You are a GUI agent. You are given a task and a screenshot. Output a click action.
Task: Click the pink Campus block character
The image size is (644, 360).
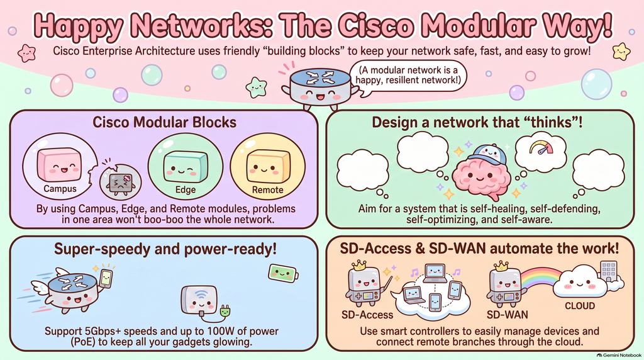[x=58, y=165]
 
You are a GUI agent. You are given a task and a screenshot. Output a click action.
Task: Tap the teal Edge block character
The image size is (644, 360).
[x=186, y=166]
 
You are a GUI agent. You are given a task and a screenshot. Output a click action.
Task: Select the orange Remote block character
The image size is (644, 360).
[x=268, y=166]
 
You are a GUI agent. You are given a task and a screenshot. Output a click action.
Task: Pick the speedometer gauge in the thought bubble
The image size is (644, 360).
[x=541, y=147]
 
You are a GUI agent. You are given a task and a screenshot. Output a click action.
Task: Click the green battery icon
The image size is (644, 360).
[x=283, y=273]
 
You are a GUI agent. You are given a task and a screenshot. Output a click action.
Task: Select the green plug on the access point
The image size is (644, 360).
[x=225, y=312]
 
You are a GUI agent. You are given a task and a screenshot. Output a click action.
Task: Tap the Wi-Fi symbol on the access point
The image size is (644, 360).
[x=201, y=295]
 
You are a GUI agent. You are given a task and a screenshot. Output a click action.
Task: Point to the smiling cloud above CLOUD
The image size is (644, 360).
[x=579, y=281]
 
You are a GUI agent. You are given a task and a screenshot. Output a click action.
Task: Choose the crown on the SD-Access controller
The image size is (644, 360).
[x=359, y=266]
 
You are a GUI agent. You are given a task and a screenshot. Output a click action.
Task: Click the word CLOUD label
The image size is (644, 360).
[x=580, y=306]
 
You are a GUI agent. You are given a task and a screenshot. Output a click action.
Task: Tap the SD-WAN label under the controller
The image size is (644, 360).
[x=508, y=315]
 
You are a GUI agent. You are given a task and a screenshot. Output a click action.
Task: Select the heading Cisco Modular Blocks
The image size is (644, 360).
[x=164, y=122]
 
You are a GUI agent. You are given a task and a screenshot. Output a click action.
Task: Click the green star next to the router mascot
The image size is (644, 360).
[x=257, y=87]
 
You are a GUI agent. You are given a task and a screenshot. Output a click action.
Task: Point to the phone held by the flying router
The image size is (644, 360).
[x=106, y=278]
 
